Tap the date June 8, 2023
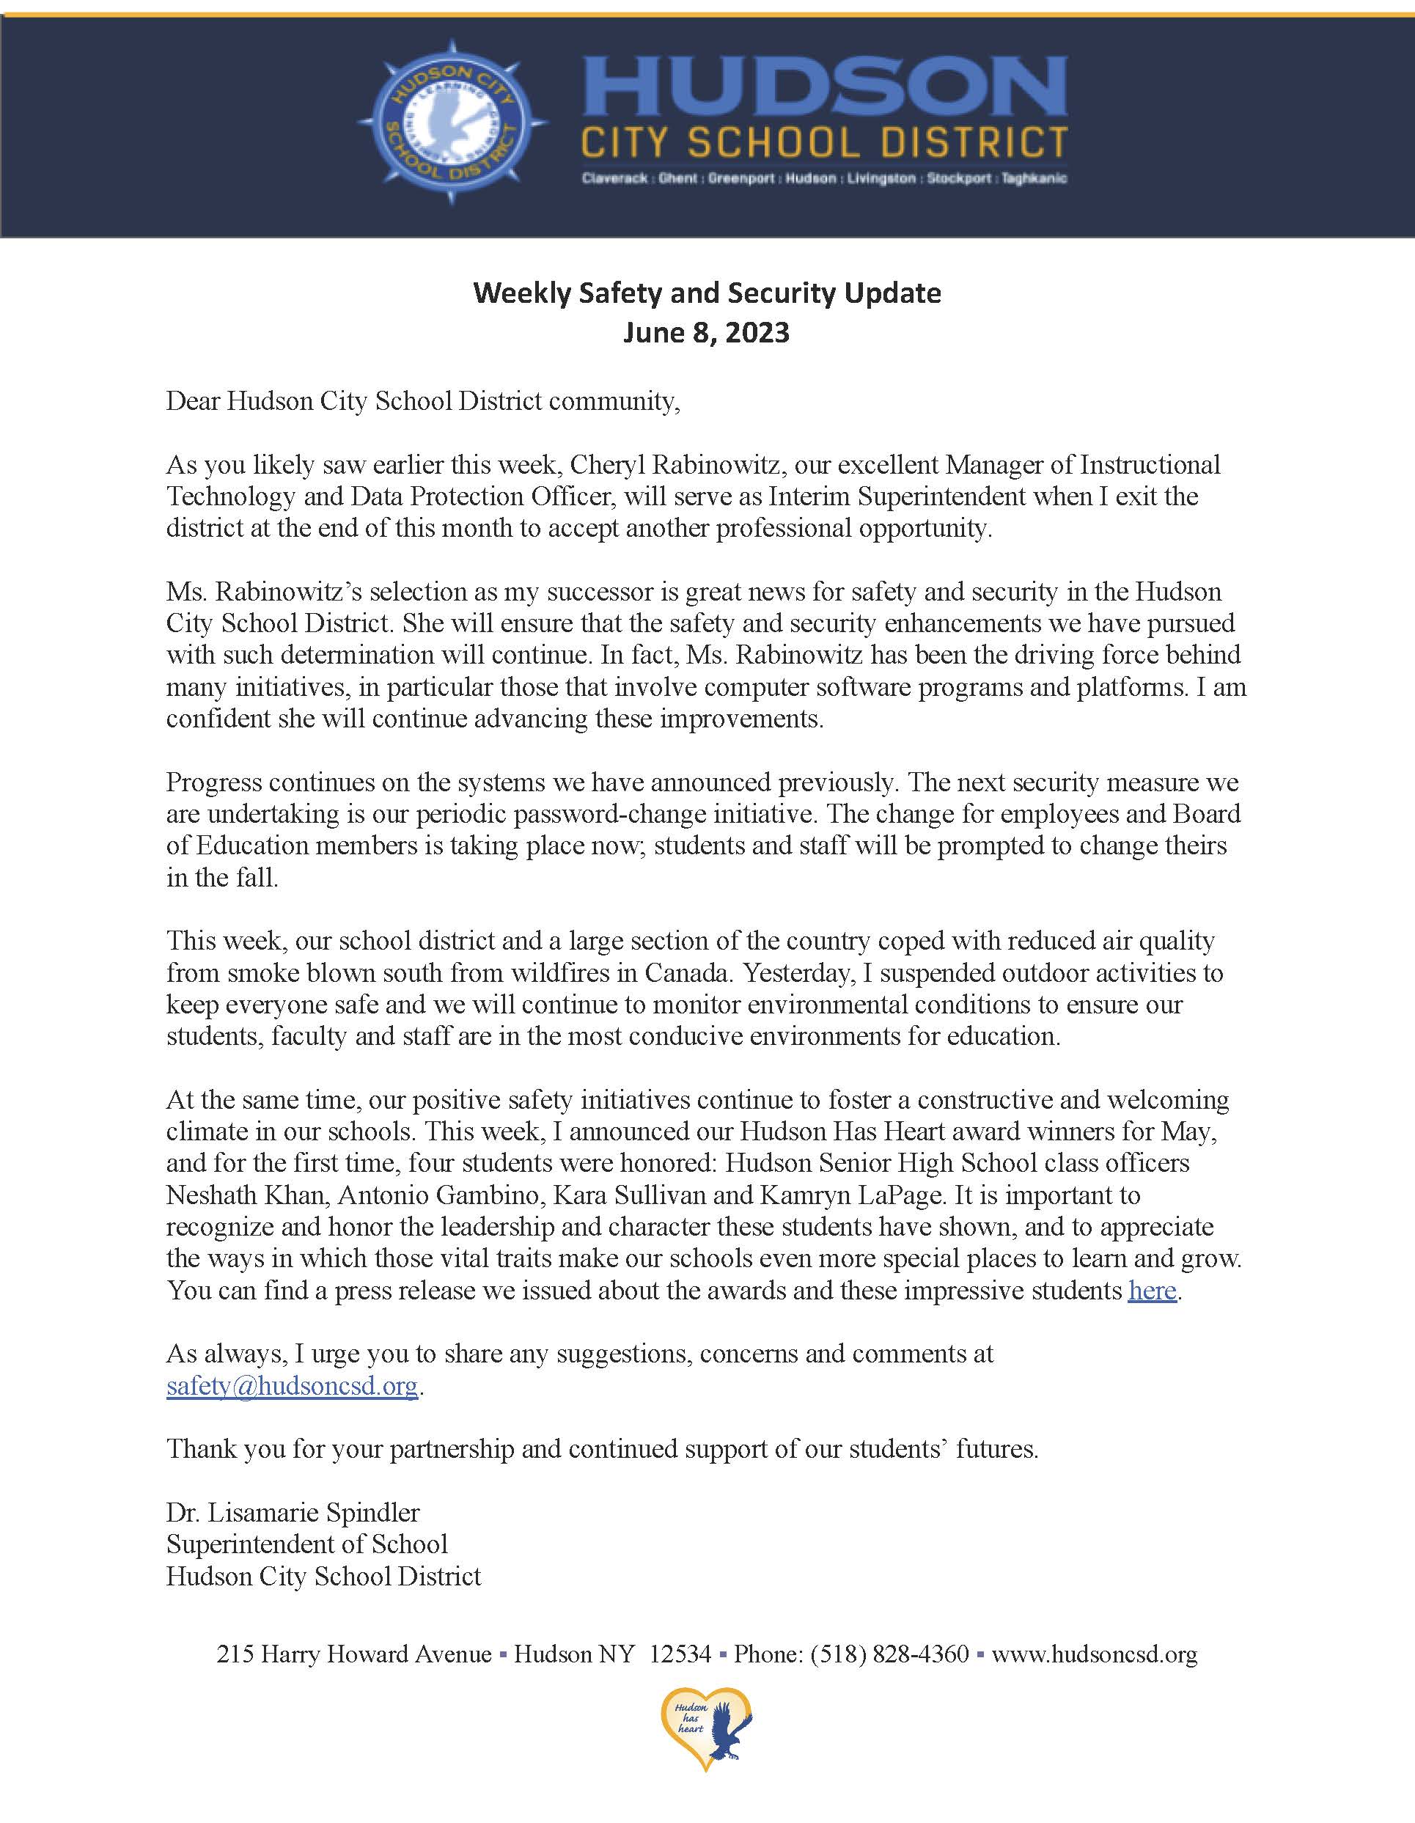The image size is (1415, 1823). pos(707,332)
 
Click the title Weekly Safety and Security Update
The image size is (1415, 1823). pos(707,293)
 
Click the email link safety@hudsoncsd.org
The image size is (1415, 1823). pos(291,1386)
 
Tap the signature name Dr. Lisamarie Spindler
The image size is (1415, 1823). pos(293,1513)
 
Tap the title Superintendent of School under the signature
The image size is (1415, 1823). pos(307,1544)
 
